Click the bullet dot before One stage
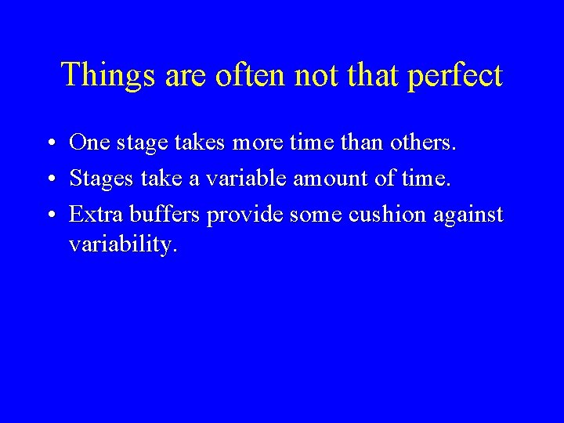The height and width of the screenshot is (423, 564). tap(49, 144)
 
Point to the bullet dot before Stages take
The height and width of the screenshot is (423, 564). tap(49, 180)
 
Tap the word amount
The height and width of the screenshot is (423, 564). tap(329, 179)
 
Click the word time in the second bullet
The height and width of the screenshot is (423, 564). tap(425, 179)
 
